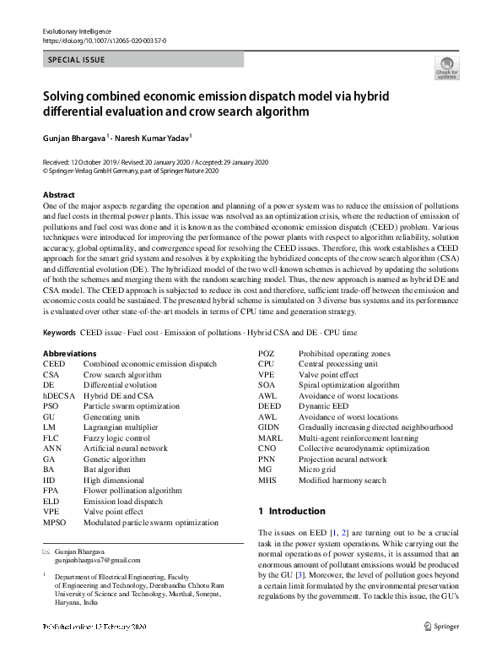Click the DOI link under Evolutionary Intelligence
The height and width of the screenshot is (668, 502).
pos(104,41)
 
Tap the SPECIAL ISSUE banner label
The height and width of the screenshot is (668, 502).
pos(77,60)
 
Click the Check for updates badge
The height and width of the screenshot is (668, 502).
pos(446,68)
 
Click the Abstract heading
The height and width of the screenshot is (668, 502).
pos(59,195)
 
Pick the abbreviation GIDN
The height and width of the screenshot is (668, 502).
pos(269,427)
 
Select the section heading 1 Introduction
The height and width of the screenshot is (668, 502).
pos(291,511)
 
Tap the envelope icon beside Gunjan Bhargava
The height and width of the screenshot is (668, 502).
pos(46,550)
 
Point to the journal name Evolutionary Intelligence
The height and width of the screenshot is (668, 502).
pos(76,31)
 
